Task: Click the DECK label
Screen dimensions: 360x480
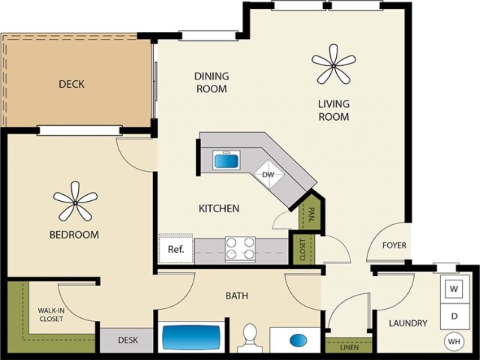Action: [x=71, y=84]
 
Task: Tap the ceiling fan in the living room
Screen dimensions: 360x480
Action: [x=334, y=64]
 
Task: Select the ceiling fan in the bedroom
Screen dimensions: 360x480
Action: [x=75, y=201]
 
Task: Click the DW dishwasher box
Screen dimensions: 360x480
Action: [x=269, y=175]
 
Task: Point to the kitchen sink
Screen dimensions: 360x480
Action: [x=225, y=160]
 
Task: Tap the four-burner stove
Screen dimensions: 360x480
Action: [x=240, y=247]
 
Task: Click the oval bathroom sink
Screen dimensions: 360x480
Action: [x=298, y=340]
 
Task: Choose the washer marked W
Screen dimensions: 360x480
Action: [x=454, y=288]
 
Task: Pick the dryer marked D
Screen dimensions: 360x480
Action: [x=454, y=316]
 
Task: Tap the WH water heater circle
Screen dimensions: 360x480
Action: [x=454, y=342]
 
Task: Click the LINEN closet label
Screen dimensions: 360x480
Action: [x=349, y=347]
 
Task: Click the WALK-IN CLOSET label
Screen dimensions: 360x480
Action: [x=51, y=313]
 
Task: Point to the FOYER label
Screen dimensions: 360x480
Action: [x=394, y=245]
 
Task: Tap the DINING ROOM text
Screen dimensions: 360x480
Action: [x=211, y=82]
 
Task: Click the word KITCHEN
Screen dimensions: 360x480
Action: [x=218, y=208]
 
